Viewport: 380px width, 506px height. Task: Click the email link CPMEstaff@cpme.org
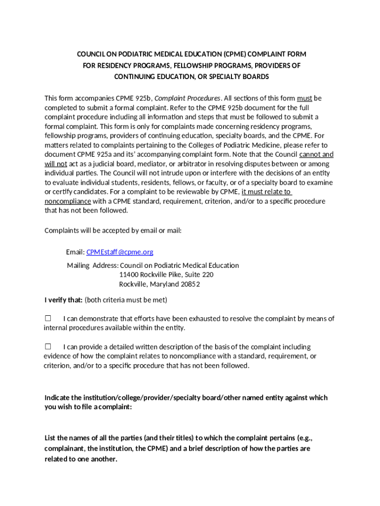click(119, 252)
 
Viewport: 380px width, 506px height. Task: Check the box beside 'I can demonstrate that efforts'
click(48, 319)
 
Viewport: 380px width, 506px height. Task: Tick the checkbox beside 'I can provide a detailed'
click(48, 347)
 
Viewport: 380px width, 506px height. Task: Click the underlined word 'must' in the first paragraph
click(304, 98)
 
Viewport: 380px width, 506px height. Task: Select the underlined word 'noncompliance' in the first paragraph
click(68, 201)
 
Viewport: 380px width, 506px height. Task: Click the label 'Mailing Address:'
click(93, 265)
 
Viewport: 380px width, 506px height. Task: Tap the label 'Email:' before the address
click(75, 252)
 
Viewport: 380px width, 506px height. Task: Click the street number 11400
click(129, 275)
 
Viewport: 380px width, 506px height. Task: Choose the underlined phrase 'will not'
click(56, 164)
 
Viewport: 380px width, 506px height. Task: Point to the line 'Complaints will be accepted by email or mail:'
click(113, 230)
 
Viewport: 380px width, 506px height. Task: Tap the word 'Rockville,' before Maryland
click(134, 284)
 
